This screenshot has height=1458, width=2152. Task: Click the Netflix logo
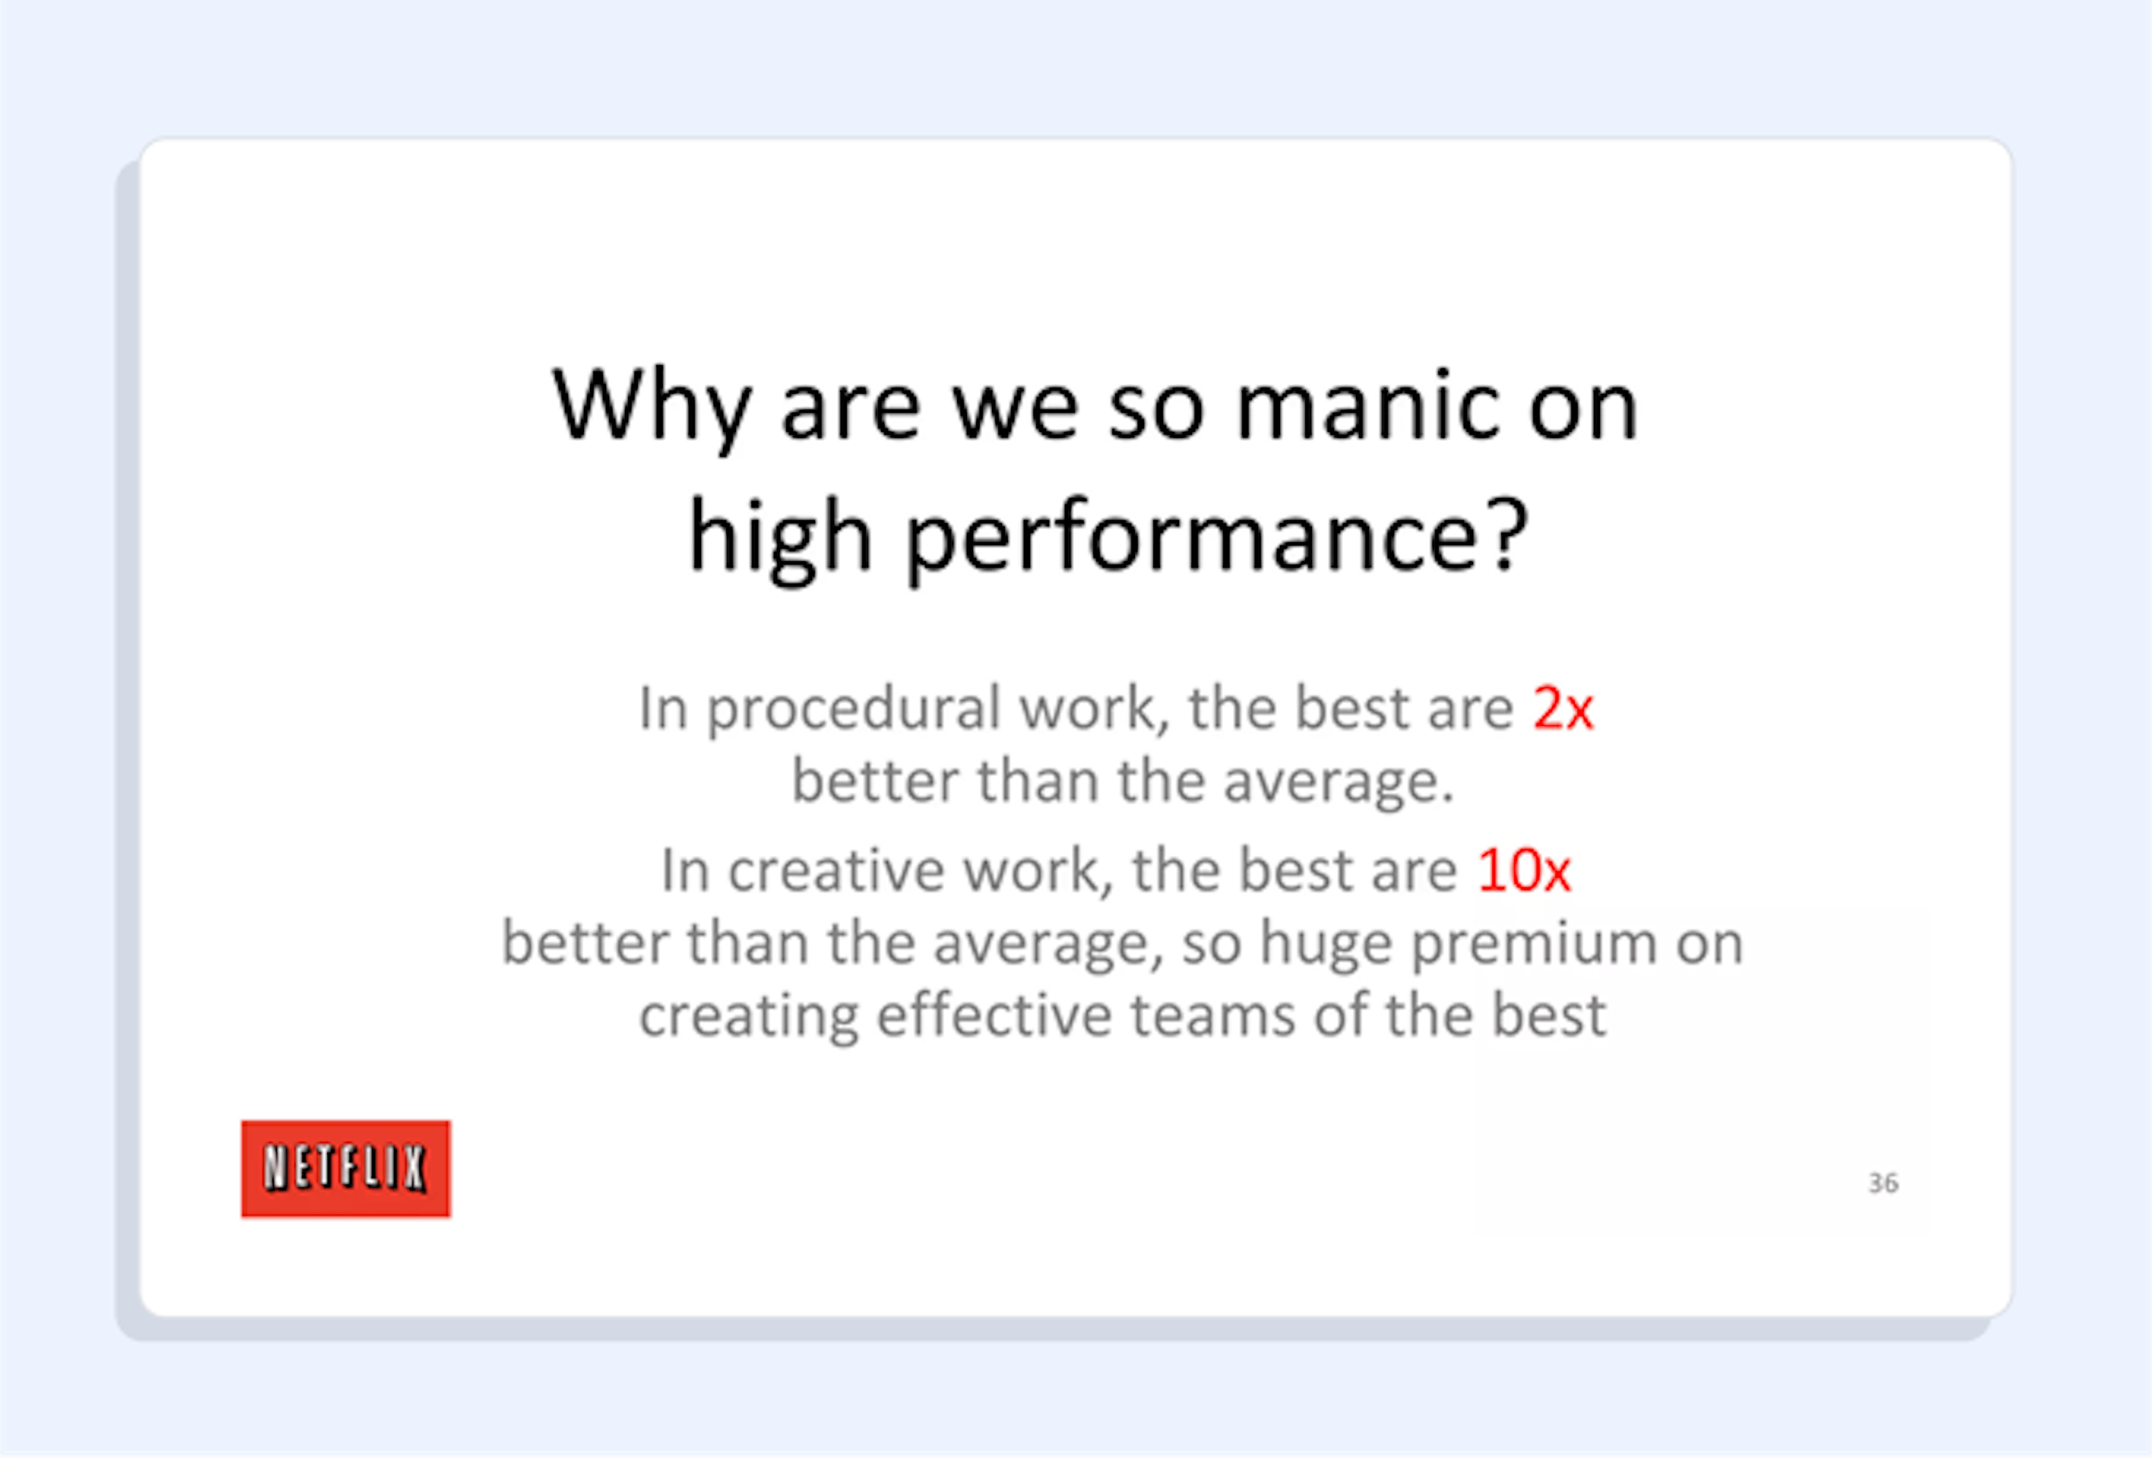click(x=345, y=1168)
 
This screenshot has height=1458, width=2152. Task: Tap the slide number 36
click(x=1882, y=1183)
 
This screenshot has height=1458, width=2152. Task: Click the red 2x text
click(x=1562, y=709)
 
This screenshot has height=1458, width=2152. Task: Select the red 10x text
click(x=1523, y=871)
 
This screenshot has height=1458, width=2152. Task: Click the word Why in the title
click(x=650, y=407)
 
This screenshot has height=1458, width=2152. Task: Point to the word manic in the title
click(x=1367, y=407)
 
